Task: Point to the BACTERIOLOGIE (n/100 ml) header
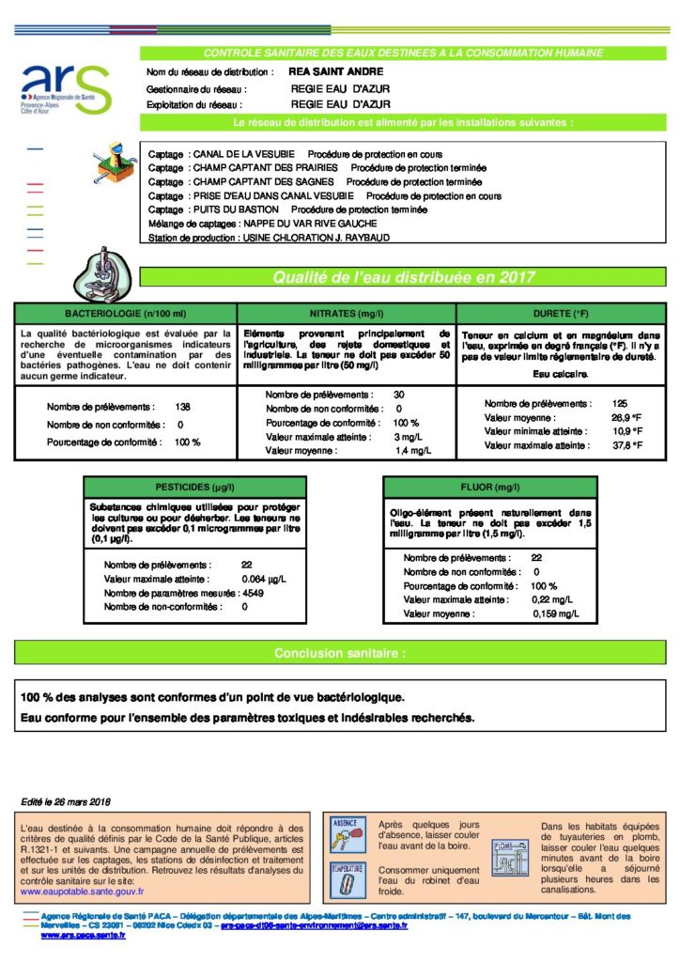pyautogui.click(x=126, y=313)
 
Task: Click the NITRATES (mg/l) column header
pyautogui.click(x=347, y=313)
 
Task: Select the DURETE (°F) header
pyautogui.click(x=561, y=313)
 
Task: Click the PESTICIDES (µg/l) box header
pyautogui.click(x=195, y=488)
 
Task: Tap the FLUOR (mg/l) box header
pyautogui.click(x=489, y=488)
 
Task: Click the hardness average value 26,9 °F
pyautogui.click(x=626, y=417)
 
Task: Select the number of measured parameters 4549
pyautogui.click(x=253, y=594)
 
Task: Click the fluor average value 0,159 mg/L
pyautogui.click(x=550, y=613)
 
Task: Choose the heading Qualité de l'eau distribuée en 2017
pyautogui.click(x=403, y=277)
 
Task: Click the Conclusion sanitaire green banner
pyautogui.click(x=340, y=653)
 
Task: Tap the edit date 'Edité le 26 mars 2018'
pyautogui.click(x=66, y=801)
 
